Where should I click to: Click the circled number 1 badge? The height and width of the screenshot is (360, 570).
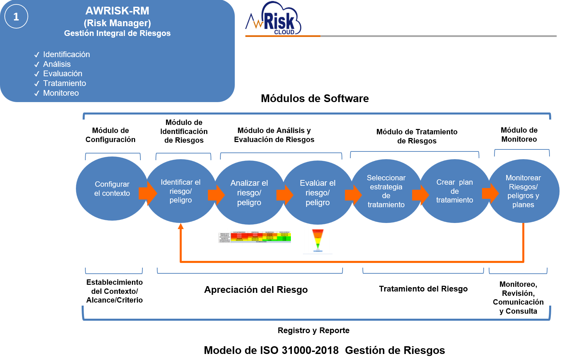(16, 17)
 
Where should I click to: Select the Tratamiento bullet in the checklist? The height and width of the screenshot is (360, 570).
(64, 83)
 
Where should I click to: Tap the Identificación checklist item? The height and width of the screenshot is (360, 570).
(66, 54)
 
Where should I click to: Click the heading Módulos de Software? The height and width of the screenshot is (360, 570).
(315, 98)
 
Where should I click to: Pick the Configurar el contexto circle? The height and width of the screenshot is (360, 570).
(112, 189)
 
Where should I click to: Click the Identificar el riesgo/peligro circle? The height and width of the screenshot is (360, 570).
(181, 191)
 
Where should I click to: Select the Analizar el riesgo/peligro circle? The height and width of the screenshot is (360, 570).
(249, 193)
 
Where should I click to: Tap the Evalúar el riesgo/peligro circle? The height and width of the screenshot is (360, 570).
(318, 193)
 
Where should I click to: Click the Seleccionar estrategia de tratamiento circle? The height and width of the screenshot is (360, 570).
(386, 191)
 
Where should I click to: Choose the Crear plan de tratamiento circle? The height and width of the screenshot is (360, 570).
(454, 191)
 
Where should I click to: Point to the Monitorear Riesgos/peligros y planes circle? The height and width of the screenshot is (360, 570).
(523, 191)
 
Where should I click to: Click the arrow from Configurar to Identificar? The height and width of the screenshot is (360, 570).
(148, 193)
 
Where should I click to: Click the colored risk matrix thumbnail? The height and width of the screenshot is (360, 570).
(255, 237)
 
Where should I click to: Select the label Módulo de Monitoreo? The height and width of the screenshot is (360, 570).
(519, 135)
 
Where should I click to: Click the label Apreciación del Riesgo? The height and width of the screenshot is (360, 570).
(256, 290)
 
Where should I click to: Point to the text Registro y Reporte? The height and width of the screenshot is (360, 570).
(313, 330)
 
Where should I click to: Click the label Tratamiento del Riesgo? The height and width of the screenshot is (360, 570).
(423, 289)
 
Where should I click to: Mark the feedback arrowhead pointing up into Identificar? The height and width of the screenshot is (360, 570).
(181, 226)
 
